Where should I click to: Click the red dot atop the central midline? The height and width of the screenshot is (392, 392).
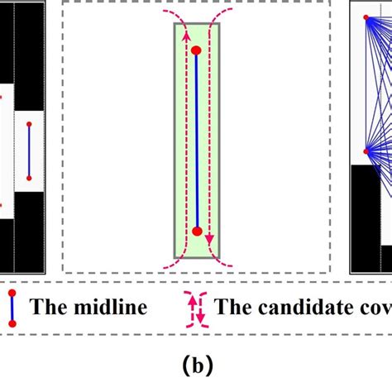click(197, 51)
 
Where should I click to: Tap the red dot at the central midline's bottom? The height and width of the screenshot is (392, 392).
click(197, 232)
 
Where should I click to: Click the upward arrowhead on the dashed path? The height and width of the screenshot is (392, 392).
click(186, 36)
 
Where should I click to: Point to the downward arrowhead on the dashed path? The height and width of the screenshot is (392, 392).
click(210, 241)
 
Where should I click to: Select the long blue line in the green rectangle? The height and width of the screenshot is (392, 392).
click(197, 141)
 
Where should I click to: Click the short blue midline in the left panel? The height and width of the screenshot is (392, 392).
click(29, 151)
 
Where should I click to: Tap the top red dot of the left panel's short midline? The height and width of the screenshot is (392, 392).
click(29, 124)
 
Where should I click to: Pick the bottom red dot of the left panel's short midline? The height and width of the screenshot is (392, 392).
click(29, 177)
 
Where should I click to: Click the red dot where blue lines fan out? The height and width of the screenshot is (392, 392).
click(366, 151)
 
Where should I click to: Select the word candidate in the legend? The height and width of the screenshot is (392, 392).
click(289, 308)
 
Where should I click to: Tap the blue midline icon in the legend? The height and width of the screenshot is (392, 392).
click(12, 308)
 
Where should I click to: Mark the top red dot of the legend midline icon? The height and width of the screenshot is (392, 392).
click(12, 293)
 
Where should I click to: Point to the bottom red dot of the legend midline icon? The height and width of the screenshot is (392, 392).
click(12, 325)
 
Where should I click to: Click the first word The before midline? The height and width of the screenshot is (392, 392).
click(49, 308)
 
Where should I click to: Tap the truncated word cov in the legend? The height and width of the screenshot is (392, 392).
click(373, 308)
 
